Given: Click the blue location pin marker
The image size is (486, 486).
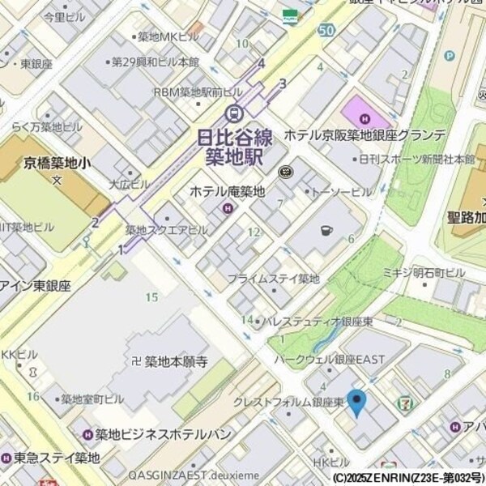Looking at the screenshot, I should [x=356, y=402].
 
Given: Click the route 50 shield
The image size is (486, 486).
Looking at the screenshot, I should [x=326, y=30].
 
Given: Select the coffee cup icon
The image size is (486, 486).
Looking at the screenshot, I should [x=326, y=230].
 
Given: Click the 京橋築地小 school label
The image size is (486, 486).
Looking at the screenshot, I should [x=57, y=163].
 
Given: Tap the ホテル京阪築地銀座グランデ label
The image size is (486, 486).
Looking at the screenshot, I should [x=364, y=135].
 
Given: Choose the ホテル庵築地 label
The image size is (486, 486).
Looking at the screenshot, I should [x=227, y=192].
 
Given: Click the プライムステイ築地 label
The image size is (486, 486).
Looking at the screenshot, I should [x=273, y=279].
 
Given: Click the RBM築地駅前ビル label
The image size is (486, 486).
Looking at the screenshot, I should [x=198, y=92].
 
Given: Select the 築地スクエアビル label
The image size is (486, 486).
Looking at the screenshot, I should [x=166, y=230].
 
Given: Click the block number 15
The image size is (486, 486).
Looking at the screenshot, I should [x=151, y=297].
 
